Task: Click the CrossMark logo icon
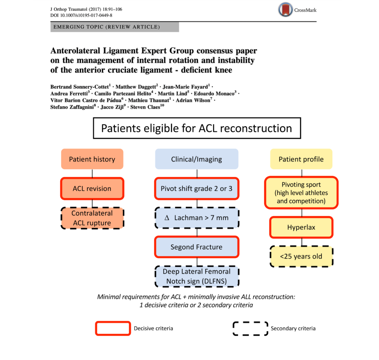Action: click(285, 10)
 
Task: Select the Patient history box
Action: click(92, 159)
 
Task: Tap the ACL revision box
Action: click(92, 189)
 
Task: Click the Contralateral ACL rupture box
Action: click(92, 218)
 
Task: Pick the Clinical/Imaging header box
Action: click(197, 159)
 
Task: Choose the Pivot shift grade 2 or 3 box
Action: click(197, 189)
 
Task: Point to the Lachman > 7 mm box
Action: click(197, 218)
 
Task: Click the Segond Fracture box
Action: click(197, 247)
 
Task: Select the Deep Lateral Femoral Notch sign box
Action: click(197, 276)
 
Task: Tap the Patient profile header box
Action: click(301, 159)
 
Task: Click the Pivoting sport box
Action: click(301, 193)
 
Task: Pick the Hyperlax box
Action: click(301, 227)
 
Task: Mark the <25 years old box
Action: click(301, 256)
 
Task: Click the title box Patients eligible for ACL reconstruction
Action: click(197, 128)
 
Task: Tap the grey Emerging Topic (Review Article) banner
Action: click(115, 27)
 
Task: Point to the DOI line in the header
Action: click(81, 15)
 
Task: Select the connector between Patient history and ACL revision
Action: click(92, 173)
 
